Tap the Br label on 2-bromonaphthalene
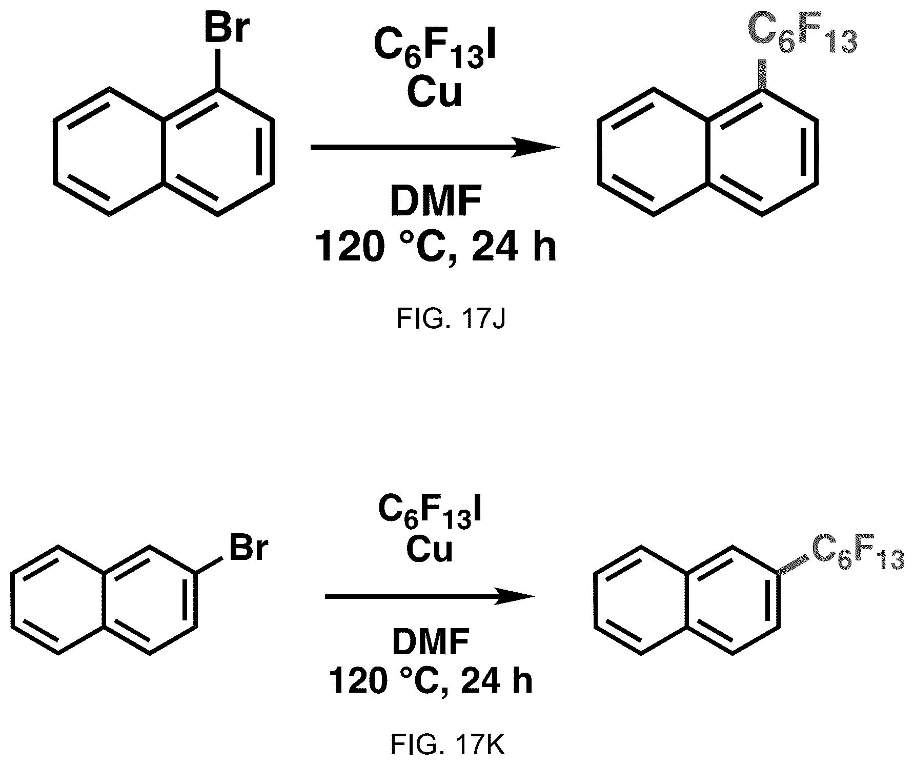pos(248,547)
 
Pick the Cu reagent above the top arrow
pos(434,93)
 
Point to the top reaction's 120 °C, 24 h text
pos(435,246)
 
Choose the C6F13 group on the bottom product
pos(856,556)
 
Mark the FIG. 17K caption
pos(448,746)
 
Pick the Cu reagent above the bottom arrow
pos(430,550)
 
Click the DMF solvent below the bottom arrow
pos(431,642)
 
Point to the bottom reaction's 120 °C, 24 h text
pos(431,681)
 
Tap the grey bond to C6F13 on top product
pos(763,75)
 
